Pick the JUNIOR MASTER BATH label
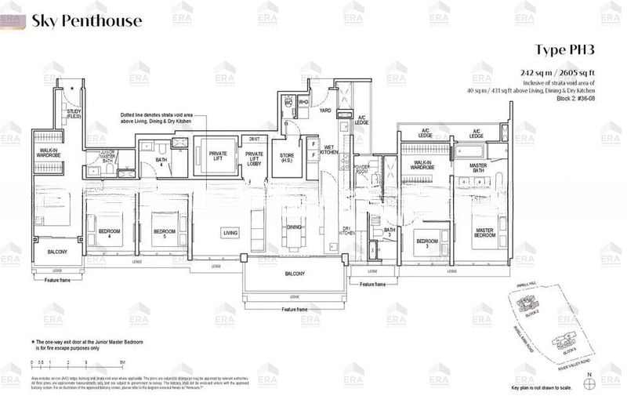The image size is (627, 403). click(96, 158)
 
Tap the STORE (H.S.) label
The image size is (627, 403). click(287, 159)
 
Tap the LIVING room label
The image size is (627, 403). click(230, 233)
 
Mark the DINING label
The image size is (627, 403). click(294, 227)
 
